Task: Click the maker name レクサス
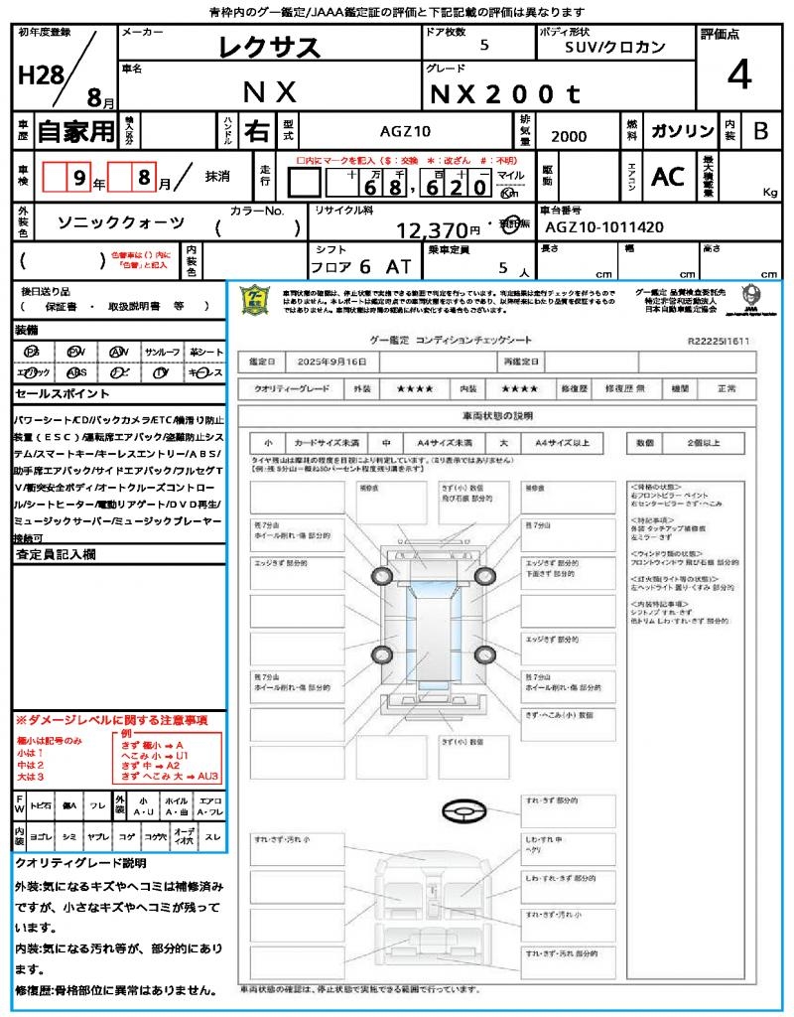[x=269, y=47]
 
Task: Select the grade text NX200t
[x=503, y=93]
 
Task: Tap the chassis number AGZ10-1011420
[x=602, y=227]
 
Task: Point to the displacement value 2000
[x=569, y=137]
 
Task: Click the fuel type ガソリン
[x=680, y=132]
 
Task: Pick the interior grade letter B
[x=760, y=132]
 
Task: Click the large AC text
[x=668, y=177]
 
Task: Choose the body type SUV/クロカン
[x=615, y=47]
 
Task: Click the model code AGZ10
[x=406, y=131]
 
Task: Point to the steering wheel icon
[x=463, y=813]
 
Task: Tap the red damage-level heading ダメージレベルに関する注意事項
[x=112, y=719]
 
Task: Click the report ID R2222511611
[x=719, y=341]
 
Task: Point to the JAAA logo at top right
[x=751, y=296]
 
